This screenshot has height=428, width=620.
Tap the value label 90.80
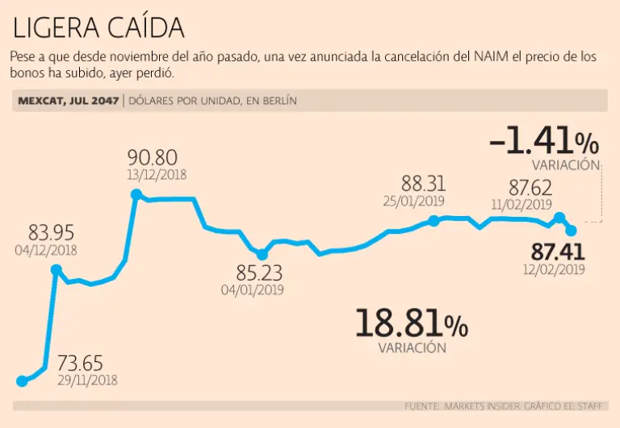pos(153,156)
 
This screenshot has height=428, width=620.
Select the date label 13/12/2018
pos(157,174)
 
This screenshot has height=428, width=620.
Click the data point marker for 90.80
pos(136,194)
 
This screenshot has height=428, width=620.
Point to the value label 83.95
pos(52,233)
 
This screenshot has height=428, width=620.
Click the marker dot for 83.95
pos(56,271)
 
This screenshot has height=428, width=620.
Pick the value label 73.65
pos(80,364)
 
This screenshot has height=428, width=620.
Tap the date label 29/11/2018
pos(87,380)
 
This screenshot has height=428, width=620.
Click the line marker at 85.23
pos(262,255)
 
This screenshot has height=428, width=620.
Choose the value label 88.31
pos(424,184)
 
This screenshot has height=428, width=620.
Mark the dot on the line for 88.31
pos(434,220)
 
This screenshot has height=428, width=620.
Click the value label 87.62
pos(530,186)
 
